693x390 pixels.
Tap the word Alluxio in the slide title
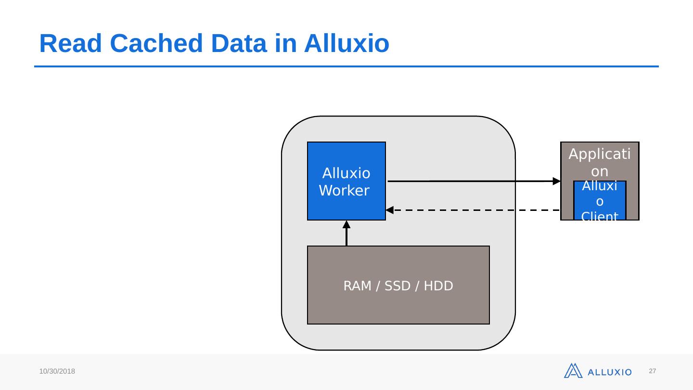pos(346,44)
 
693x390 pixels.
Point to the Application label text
pos(600,163)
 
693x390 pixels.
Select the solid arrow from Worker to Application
pos(472,181)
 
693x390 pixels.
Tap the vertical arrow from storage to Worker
pos(346,236)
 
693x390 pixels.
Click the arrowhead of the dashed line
pos(390,210)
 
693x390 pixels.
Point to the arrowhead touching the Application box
pos(557,181)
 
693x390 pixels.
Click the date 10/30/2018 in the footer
pos(57,372)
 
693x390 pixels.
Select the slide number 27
pos(653,371)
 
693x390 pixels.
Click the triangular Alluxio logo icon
pos(573,371)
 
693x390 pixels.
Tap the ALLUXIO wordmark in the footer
pos(610,372)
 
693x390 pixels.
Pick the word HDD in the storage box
pos(439,286)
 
